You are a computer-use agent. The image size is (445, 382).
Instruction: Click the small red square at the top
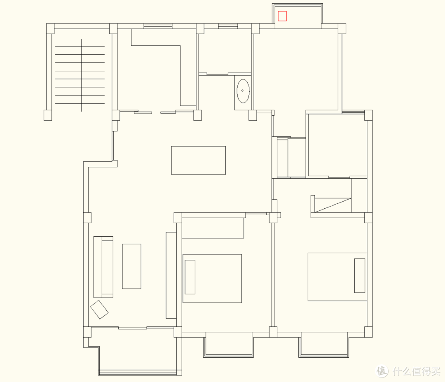coord(282,16)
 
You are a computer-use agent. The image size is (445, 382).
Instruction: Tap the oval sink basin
coord(243,91)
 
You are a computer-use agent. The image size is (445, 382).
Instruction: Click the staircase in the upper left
coord(80,75)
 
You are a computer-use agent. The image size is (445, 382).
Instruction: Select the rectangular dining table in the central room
coord(198,160)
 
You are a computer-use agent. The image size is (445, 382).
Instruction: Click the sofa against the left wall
coord(103,267)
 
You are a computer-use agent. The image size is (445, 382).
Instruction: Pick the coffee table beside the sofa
coord(132,266)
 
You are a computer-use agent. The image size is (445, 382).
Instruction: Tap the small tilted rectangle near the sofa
coord(99,310)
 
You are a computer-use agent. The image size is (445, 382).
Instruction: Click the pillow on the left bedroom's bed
coord(190,277)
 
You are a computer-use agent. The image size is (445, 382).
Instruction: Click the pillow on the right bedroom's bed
coord(360,275)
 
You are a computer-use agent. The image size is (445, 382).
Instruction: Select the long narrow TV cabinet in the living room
coord(171,275)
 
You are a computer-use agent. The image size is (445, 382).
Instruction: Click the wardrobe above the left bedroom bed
coord(213,228)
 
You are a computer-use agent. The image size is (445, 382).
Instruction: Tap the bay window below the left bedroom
coord(228,344)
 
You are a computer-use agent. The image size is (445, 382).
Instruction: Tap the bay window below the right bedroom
coord(324,344)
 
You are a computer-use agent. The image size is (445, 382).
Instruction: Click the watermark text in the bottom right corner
coord(409,371)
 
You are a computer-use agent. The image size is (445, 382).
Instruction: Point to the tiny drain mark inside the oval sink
coord(242,91)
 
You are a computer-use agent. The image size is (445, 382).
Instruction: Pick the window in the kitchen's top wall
coord(158,26)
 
